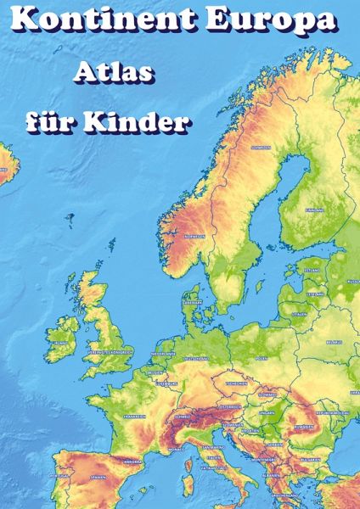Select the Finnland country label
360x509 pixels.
[x=315, y=209]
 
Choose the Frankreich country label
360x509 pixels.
[x=135, y=417]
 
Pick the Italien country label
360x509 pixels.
[x=214, y=458]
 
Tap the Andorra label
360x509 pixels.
[x=132, y=461]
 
